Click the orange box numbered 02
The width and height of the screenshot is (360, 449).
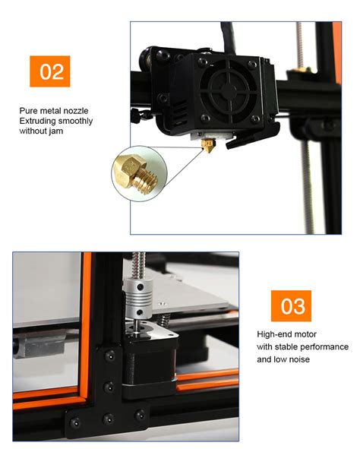pyautogui.click(x=51, y=72)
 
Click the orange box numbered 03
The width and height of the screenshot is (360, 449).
pyautogui.click(x=292, y=306)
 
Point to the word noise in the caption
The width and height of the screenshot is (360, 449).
pyautogui.click(x=298, y=359)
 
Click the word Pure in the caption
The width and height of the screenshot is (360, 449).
pyautogui.click(x=29, y=111)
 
